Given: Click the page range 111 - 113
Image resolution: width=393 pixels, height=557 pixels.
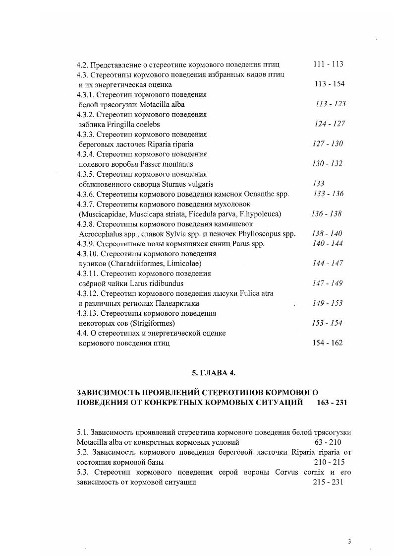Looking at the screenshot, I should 329,64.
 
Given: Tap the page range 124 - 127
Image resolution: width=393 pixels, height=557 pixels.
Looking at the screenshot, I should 330,124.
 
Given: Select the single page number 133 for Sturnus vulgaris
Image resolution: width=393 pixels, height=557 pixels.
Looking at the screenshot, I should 319,184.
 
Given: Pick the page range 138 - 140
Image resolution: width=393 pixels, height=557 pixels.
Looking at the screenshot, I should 327,233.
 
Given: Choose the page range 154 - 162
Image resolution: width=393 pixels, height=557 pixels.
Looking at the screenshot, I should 328,343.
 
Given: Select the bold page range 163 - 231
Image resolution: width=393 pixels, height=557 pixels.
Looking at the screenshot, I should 332,403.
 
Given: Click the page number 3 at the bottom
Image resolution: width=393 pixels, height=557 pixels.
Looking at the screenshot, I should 349,542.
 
